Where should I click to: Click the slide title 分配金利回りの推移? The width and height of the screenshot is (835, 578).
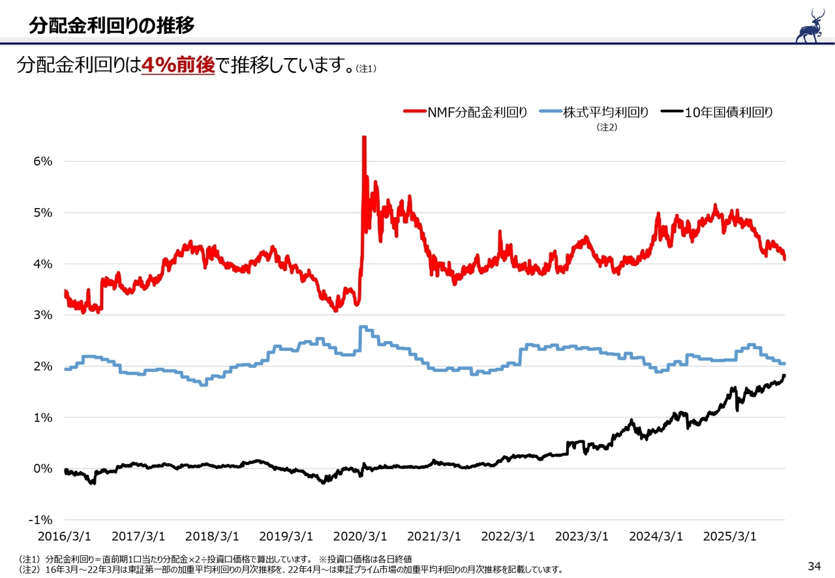pos(112,25)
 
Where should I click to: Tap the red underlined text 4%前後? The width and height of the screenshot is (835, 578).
pos(178,65)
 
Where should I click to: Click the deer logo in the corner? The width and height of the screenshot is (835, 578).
pos(809,25)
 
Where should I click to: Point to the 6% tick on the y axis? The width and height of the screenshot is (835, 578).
pos(43,161)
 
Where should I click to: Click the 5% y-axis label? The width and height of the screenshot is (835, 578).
pos(43,213)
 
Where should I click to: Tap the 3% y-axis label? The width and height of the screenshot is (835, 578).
pos(43,315)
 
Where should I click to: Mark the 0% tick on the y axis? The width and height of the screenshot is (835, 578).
pos(43,468)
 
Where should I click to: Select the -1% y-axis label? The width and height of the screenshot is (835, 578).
pos(40,520)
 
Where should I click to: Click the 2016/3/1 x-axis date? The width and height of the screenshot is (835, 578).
pos(65,537)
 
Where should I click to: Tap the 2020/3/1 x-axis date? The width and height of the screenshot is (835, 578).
pos(360,537)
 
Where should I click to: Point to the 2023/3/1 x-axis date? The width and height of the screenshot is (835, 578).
pos(582,537)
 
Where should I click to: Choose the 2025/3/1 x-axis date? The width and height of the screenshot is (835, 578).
pos(730,537)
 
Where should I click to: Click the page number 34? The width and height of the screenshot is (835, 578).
pos(813,565)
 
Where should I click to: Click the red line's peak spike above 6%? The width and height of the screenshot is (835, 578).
pos(364,138)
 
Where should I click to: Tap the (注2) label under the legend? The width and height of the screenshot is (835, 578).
pos(607,128)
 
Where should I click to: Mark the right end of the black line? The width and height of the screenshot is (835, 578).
pos(784,375)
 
